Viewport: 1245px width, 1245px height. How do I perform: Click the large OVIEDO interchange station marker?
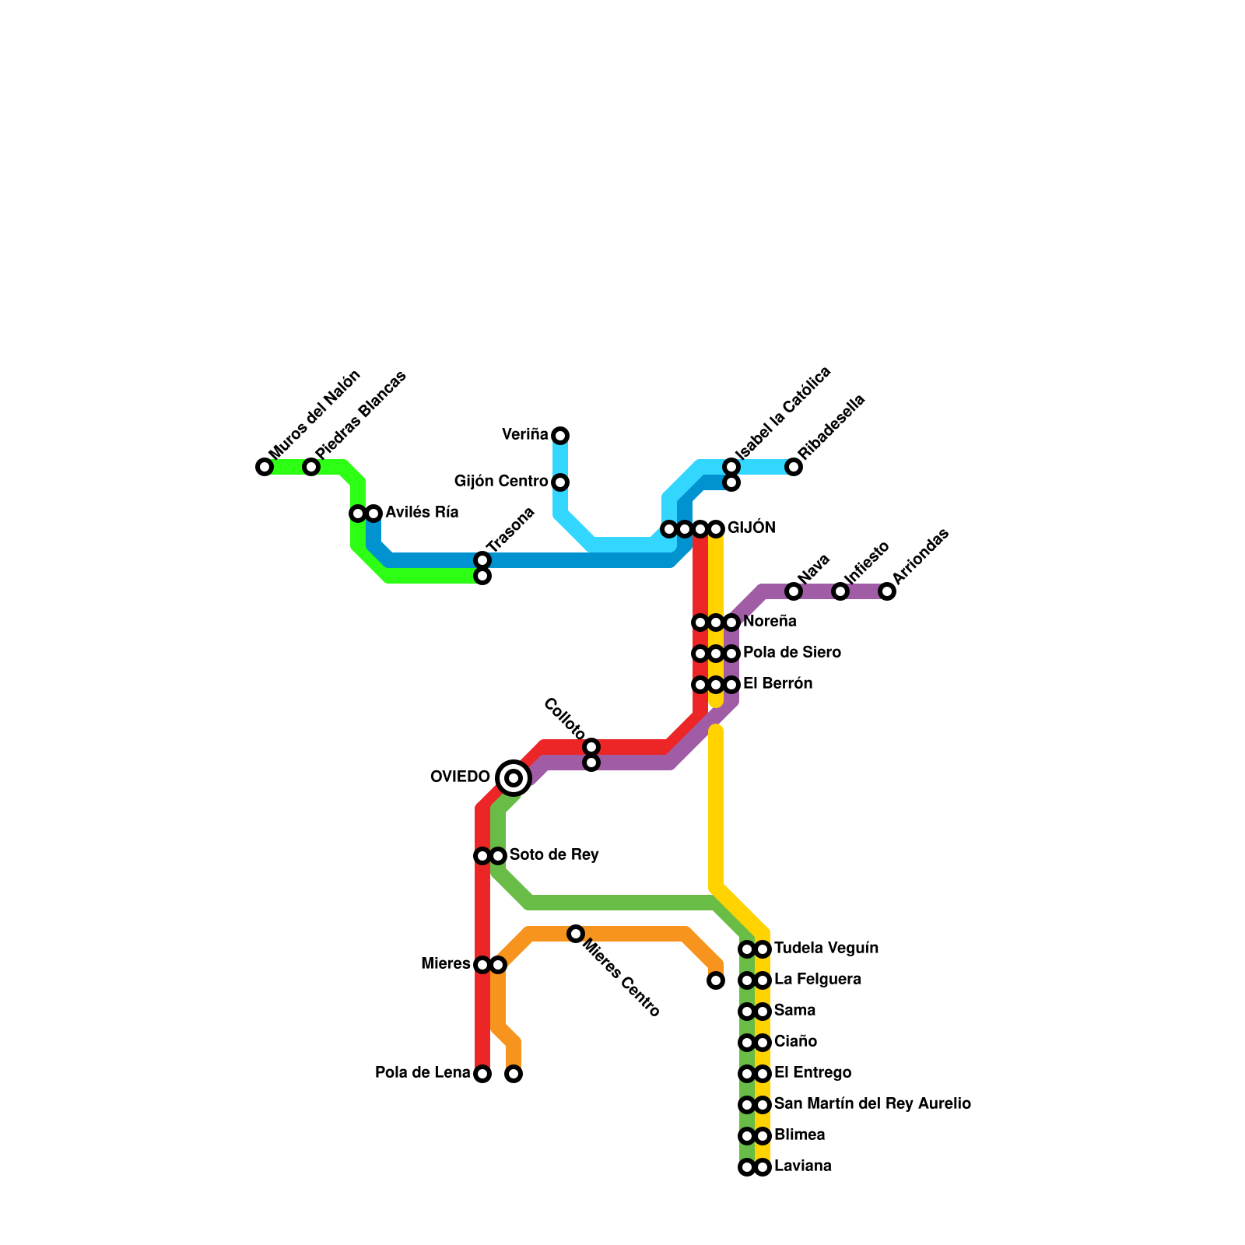pyautogui.click(x=514, y=777)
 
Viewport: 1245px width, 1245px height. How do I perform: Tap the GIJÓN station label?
pyautogui.click(x=751, y=528)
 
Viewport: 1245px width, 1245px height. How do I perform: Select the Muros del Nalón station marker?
pyautogui.click(x=265, y=467)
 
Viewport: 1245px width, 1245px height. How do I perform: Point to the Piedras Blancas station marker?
pyautogui.click(x=311, y=467)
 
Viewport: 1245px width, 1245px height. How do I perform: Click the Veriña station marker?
pyautogui.click(x=560, y=435)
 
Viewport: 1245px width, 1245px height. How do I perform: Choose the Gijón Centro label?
pyautogui.click(x=501, y=482)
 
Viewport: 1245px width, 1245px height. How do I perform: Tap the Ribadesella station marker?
pyautogui.click(x=794, y=467)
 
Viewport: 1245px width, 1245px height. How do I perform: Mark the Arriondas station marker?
pyautogui.click(x=887, y=591)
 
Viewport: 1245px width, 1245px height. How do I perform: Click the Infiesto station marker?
pyautogui.click(x=840, y=591)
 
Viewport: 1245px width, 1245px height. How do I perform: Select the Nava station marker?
pyautogui.click(x=794, y=591)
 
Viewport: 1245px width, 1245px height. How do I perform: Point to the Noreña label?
pyautogui.click(x=770, y=622)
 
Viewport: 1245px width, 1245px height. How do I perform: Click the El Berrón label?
pyautogui.click(x=777, y=684)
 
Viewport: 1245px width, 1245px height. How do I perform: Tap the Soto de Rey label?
pyautogui.click(x=554, y=855)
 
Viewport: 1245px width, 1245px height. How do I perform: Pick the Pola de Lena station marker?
pyautogui.click(x=482, y=1074)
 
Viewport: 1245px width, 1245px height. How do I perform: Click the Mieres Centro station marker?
pyautogui.click(x=576, y=934)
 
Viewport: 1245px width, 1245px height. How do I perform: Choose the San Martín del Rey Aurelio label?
pyautogui.click(x=872, y=1104)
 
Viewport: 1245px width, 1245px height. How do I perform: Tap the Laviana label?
pyautogui.click(x=803, y=1166)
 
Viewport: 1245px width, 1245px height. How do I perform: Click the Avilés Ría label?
pyautogui.click(x=422, y=513)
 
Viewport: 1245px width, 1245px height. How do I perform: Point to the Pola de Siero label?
pyautogui.click(x=792, y=653)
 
